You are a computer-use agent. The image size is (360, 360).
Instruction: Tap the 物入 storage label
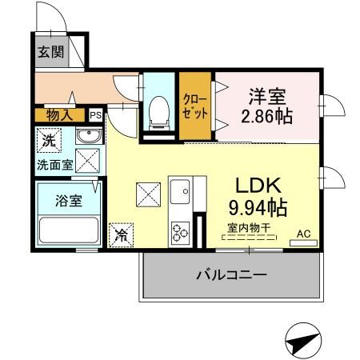(x=59, y=115)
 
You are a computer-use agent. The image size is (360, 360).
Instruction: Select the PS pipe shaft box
(x=95, y=115)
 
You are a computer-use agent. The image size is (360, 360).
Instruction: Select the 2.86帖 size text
(x=266, y=117)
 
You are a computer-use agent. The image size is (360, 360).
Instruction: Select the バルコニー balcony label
(x=231, y=275)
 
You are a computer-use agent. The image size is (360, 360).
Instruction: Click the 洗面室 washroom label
(x=54, y=166)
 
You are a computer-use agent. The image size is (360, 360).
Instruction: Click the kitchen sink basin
(x=179, y=193)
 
